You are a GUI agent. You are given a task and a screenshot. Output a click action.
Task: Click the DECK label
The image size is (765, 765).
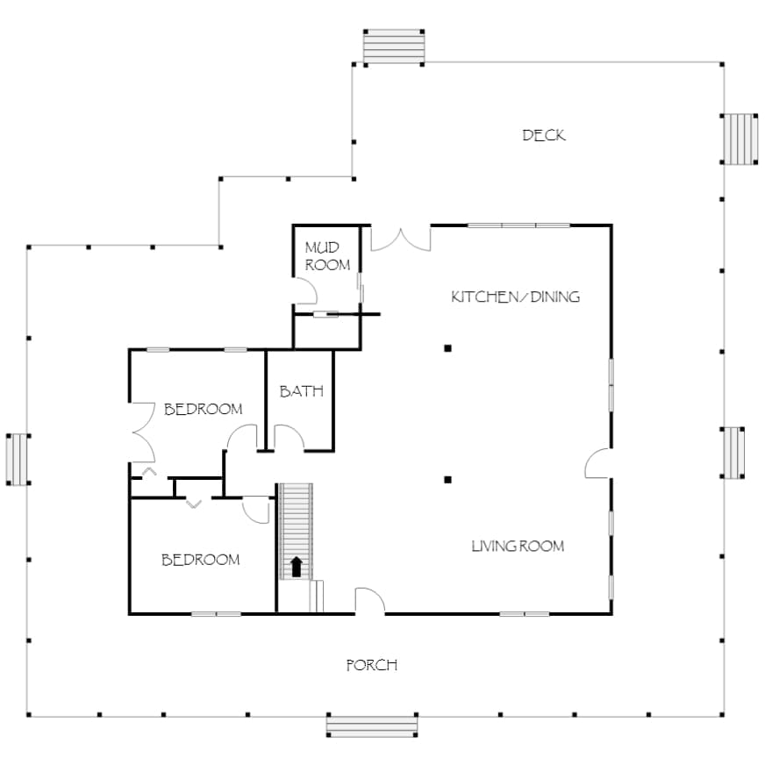544,135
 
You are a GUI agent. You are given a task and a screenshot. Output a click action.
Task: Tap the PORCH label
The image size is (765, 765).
372,665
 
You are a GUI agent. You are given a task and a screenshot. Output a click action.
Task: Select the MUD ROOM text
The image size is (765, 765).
327,256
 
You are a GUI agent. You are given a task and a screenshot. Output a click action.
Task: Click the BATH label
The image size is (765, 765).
302,390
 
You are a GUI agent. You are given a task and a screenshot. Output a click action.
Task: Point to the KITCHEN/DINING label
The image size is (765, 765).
516,297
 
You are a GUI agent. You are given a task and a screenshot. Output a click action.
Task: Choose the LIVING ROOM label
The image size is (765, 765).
518,546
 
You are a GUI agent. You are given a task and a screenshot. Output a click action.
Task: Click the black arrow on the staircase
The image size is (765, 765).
297,567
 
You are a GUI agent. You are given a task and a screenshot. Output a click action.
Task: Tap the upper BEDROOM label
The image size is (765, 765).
203,409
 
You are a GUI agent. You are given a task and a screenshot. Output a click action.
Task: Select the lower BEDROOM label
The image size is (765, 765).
201,560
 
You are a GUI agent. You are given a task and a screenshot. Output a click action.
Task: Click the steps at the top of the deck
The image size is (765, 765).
394,46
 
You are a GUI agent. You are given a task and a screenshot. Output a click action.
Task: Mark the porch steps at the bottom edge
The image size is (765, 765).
372,726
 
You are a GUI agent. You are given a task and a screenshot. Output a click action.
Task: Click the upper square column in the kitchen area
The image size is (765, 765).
447,348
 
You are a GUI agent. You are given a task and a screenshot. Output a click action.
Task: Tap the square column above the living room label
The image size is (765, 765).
447,480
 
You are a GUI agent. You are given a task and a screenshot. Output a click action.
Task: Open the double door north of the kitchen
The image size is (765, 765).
401,239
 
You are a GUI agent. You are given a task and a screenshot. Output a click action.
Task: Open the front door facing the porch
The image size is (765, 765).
370,600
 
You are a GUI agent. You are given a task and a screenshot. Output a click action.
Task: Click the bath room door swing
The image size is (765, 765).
290,437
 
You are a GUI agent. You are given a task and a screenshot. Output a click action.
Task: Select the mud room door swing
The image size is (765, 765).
306,291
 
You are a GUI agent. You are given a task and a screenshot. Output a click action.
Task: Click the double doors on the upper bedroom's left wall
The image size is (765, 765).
144,433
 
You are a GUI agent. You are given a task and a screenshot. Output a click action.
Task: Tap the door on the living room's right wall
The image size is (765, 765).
598,463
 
